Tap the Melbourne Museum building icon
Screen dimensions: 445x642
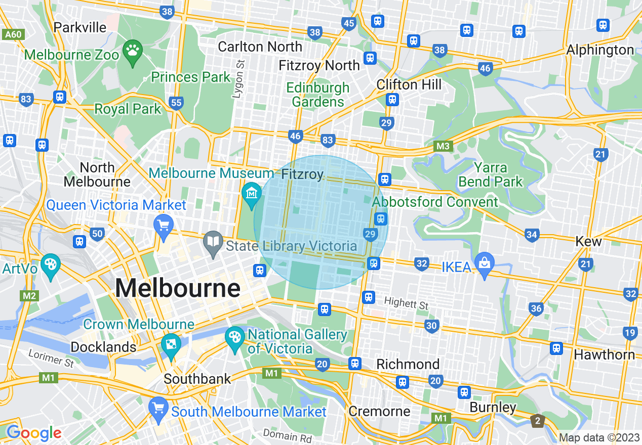[x=252, y=193]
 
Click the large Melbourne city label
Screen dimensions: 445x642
[x=177, y=288]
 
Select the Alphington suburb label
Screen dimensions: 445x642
[x=599, y=50]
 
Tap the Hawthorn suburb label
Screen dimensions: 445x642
[x=604, y=354]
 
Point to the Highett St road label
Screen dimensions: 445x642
[x=406, y=304]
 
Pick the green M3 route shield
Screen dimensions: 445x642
[x=443, y=147]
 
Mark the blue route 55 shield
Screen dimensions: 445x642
[x=176, y=103]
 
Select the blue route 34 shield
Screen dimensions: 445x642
[x=531, y=235]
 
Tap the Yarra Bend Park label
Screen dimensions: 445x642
[x=491, y=174]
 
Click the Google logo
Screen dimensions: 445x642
[x=33, y=433]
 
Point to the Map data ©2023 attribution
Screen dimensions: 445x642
[x=599, y=437]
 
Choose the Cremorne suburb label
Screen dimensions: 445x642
[x=379, y=411]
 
